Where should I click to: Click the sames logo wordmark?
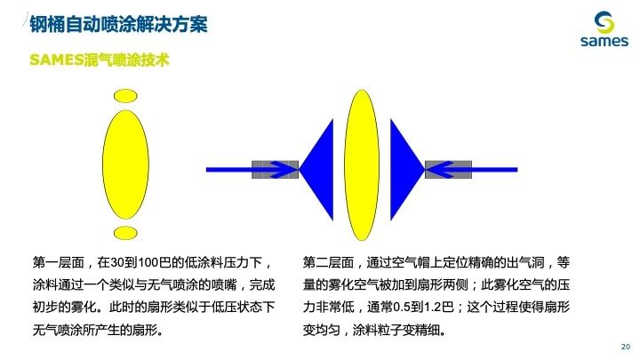tap(604, 41)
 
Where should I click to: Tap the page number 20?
tap(625, 347)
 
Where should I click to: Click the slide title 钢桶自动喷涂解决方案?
tap(119, 24)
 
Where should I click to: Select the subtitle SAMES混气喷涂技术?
tap(100, 60)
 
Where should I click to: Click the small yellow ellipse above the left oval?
tap(125, 96)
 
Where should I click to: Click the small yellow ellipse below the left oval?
tap(125, 233)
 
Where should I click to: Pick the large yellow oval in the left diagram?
tap(125, 164)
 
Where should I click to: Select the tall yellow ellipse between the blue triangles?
tap(362, 165)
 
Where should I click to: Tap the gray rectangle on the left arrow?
tap(275, 170)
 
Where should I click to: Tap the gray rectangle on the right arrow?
tap(448, 170)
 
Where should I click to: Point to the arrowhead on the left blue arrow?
tap(285, 170)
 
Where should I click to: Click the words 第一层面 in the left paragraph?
tap(59, 262)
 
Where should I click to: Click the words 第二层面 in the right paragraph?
tap(328, 262)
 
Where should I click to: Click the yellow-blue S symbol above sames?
tap(604, 22)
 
